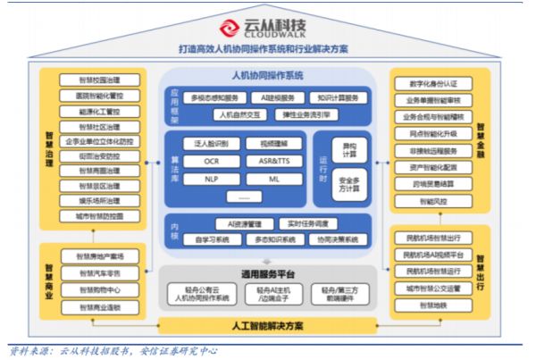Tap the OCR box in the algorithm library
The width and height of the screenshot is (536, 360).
point(211,161)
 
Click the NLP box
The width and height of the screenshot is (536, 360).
point(211,179)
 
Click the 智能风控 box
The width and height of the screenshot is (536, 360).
point(434,202)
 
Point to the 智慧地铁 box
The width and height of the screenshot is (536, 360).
point(434,305)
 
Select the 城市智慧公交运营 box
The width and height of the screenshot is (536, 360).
point(434,288)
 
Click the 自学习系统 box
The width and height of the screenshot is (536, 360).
point(211,239)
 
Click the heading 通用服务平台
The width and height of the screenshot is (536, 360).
point(268,273)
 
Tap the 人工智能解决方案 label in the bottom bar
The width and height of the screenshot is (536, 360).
point(268,325)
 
